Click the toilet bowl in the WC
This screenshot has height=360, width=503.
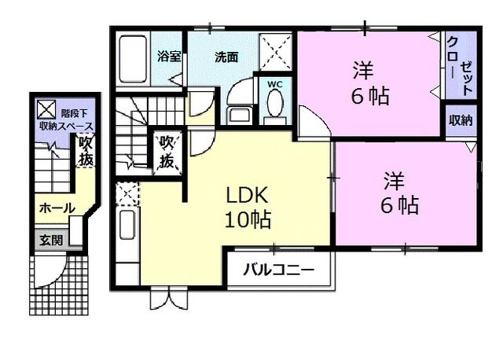coord(274,104)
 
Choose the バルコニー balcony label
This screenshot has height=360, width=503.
coord(278,270)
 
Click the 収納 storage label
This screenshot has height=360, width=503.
coord(461,121)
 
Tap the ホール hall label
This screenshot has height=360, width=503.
coord(57,208)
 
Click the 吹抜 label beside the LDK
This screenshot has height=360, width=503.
coord(167,151)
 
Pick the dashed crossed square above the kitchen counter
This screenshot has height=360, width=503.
coord(127,191)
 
